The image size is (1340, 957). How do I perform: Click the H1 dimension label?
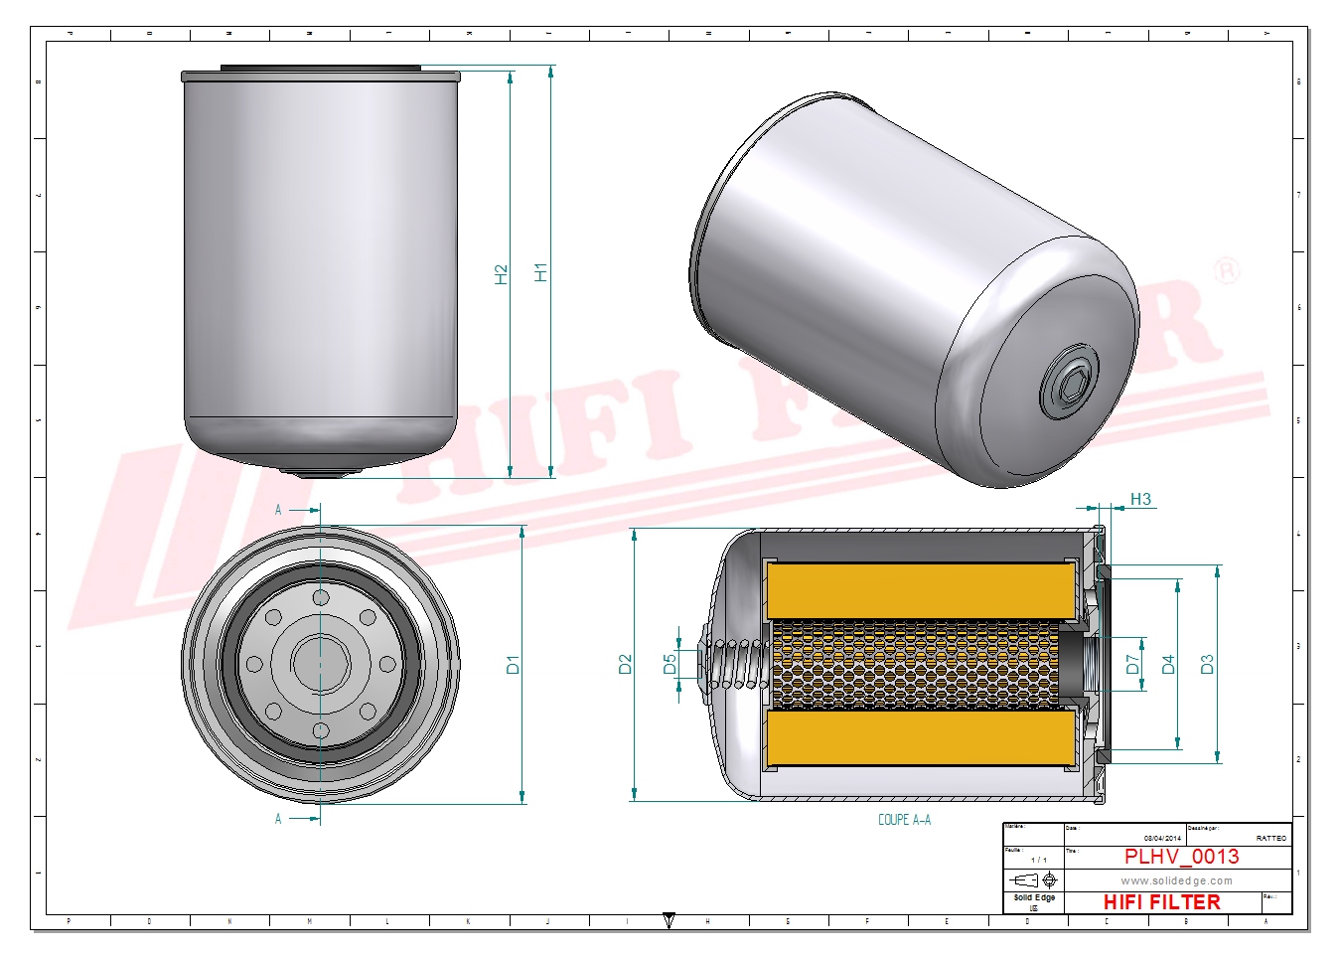[x=541, y=272]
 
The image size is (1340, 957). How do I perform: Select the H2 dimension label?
[x=502, y=274]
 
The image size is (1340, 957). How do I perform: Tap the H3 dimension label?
[x=1140, y=499]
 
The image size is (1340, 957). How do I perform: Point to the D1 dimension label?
[x=514, y=664]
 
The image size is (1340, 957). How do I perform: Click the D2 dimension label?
[x=625, y=664]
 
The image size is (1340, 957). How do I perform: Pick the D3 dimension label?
[x=1207, y=664]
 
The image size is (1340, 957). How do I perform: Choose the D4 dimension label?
[x=1168, y=664]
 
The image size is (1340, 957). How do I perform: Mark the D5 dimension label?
[x=670, y=663]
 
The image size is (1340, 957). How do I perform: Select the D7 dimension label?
[x=1132, y=664]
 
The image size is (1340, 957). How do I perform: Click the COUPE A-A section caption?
[x=904, y=820]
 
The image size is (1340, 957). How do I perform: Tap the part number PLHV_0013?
[x=1181, y=857]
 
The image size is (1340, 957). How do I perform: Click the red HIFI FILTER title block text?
[x=1161, y=902]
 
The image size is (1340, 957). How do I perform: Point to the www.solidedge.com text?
[x=1176, y=880]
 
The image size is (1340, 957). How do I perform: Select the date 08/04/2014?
[x=1162, y=838]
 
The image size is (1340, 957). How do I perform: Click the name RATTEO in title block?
[x=1270, y=838]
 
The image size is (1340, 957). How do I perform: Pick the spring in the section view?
[x=740, y=664]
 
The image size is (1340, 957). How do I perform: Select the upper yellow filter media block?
[x=921, y=590]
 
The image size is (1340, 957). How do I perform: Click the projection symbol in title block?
[x=1033, y=880]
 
